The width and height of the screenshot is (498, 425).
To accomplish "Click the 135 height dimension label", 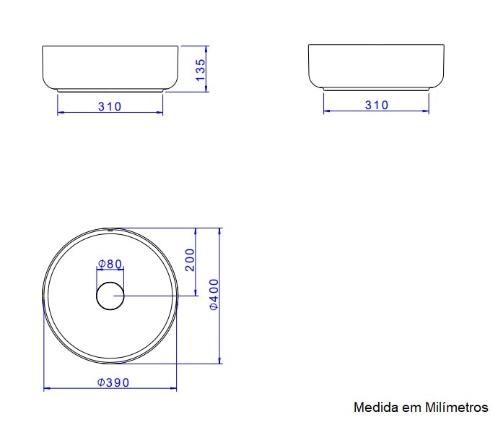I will (x=201, y=69).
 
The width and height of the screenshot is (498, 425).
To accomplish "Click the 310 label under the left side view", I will (x=110, y=106).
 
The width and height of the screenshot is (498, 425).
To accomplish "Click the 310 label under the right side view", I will (x=376, y=105).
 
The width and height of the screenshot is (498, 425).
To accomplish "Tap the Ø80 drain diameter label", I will (x=110, y=264).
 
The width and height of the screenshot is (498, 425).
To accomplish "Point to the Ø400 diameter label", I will (x=214, y=295).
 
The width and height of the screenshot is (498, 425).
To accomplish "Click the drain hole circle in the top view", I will (x=110, y=296).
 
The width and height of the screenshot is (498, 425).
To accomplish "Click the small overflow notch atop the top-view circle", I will (x=110, y=231).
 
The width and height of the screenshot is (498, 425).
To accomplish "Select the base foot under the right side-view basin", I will (x=376, y=89).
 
